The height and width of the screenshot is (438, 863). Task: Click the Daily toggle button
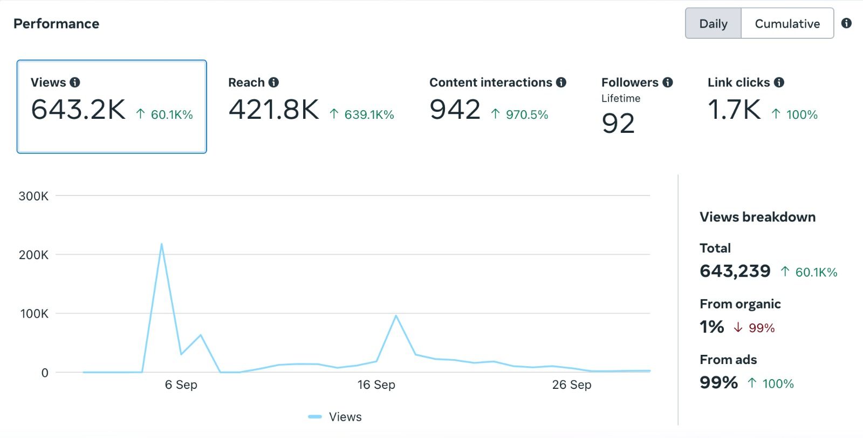pyautogui.click(x=713, y=24)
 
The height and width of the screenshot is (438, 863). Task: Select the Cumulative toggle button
pyautogui.click(x=787, y=24)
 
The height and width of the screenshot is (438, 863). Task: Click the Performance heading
pyautogui.click(x=56, y=24)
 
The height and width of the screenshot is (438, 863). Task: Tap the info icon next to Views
pyautogui.click(x=75, y=82)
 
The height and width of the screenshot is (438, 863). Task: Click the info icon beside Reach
pyautogui.click(x=273, y=82)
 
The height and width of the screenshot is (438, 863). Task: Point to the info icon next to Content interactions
pyautogui.click(x=561, y=82)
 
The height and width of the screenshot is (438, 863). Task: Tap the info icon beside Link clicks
pyautogui.click(x=779, y=82)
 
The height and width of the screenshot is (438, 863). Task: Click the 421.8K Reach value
pyautogui.click(x=273, y=109)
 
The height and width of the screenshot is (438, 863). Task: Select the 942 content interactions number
pyautogui.click(x=455, y=109)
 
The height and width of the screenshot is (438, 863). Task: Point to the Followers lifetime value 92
pyautogui.click(x=618, y=124)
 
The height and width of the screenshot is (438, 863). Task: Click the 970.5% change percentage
pyautogui.click(x=526, y=114)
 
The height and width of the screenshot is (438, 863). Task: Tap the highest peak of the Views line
pyautogui.click(x=161, y=244)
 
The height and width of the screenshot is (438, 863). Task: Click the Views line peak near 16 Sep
pyautogui.click(x=396, y=316)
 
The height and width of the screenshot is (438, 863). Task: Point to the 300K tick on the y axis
pyautogui.click(x=33, y=196)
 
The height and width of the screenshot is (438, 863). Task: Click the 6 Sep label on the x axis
pyautogui.click(x=181, y=385)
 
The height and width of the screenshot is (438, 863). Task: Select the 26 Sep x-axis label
pyautogui.click(x=571, y=385)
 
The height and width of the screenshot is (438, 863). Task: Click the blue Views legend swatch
pyautogui.click(x=315, y=416)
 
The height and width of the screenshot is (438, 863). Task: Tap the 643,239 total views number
pyautogui.click(x=735, y=271)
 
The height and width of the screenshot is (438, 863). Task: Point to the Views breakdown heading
pyautogui.click(x=757, y=217)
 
